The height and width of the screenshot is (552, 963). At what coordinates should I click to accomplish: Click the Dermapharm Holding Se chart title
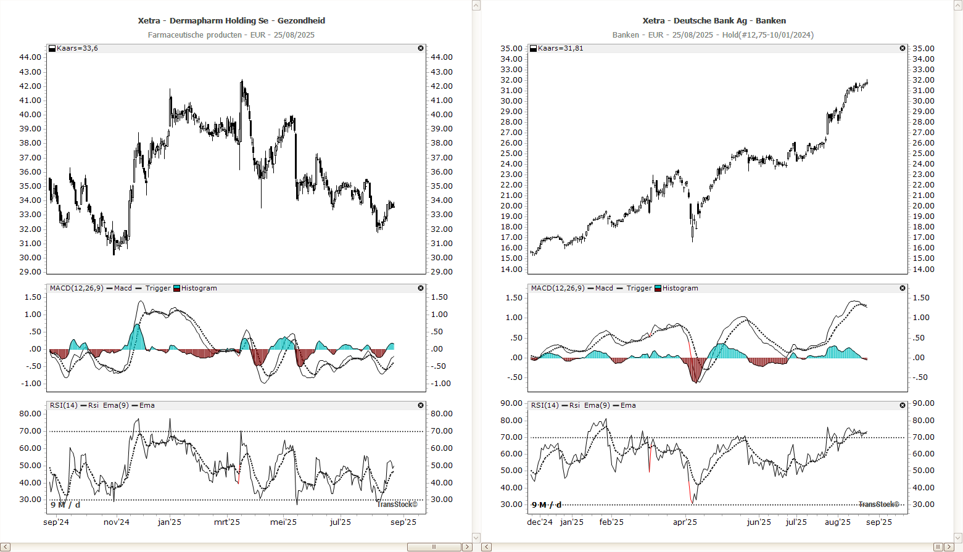click(x=231, y=20)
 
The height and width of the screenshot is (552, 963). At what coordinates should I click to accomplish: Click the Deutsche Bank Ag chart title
click(x=714, y=20)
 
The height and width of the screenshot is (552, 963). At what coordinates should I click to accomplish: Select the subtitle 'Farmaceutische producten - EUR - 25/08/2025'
click(x=231, y=35)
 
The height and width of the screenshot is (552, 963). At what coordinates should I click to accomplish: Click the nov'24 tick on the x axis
click(x=117, y=522)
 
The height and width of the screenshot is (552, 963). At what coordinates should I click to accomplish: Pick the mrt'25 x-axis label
click(x=227, y=522)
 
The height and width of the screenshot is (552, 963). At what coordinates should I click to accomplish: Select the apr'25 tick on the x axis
click(x=685, y=522)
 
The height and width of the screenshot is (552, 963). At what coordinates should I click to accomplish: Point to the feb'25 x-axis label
click(x=611, y=522)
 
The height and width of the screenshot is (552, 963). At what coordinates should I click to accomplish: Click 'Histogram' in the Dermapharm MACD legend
click(x=199, y=288)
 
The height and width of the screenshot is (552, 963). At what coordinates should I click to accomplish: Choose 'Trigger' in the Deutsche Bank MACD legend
click(x=639, y=288)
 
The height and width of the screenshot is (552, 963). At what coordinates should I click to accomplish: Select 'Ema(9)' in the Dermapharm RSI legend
click(x=116, y=405)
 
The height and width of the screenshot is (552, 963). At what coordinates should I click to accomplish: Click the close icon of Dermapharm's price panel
click(x=421, y=48)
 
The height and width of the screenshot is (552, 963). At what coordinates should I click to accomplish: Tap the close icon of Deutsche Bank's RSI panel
click(x=903, y=405)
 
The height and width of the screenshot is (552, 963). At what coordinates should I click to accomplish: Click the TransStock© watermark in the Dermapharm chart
click(x=397, y=505)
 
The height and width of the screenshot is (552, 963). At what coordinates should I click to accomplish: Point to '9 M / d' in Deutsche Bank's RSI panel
click(x=547, y=505)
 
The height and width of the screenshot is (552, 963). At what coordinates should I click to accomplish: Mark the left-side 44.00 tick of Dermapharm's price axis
click(x=30, y=57)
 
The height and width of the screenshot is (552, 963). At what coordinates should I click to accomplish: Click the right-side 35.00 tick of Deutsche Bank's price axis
click(x=924, y=48)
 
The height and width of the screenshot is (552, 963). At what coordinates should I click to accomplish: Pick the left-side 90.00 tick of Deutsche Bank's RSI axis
click(x=511, y=403)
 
